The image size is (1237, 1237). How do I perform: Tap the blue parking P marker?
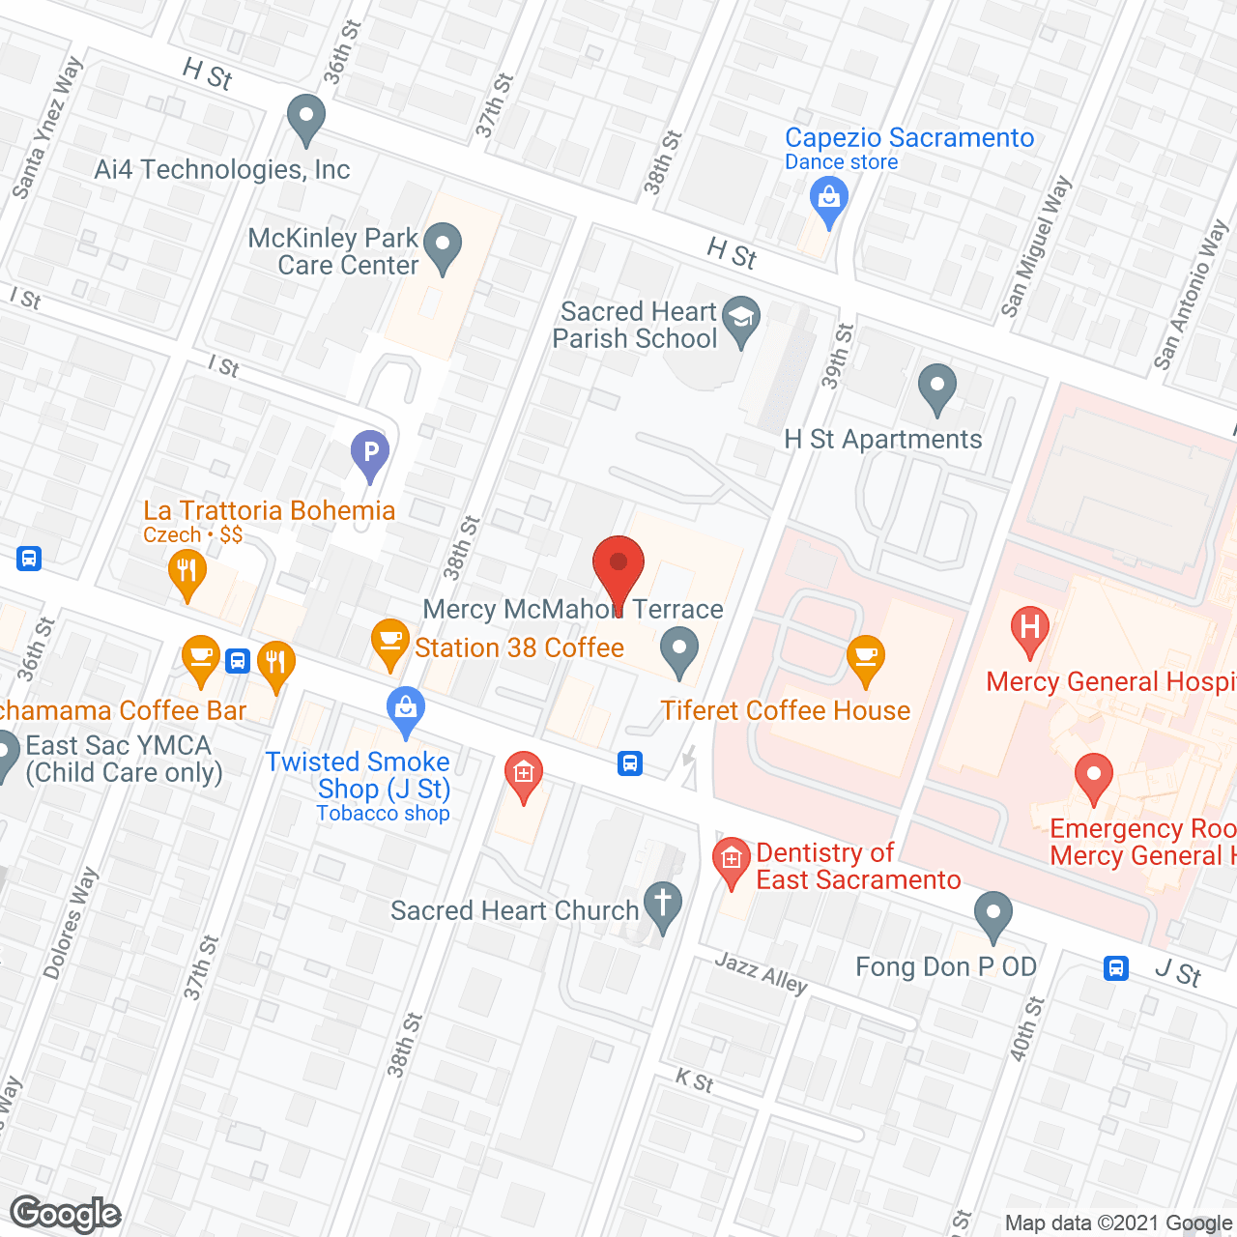tap(370, 453)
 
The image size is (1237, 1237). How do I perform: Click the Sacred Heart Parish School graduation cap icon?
tap(741, 318)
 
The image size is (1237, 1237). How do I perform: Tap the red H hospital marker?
tap(1030, 628)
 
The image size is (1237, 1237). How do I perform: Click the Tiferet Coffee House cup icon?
tap(866, 658)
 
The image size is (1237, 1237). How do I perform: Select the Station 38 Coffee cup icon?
tap(389, 642)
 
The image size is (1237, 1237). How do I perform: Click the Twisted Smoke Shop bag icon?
tap(406, 710)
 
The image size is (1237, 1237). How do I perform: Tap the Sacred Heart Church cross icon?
tap(663, 906)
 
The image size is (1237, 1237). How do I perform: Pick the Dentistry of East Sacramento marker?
tap(732, 860)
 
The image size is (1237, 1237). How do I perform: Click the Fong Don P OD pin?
tap(992, 914)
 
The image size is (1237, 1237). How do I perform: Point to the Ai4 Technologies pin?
tap(305, 118)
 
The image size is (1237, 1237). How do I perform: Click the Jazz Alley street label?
tap(762, 973)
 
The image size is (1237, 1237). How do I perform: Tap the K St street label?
tap(694, 1081)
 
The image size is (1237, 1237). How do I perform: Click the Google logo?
tap(66, 1214)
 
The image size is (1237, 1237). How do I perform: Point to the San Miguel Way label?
tap(1036, 246)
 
